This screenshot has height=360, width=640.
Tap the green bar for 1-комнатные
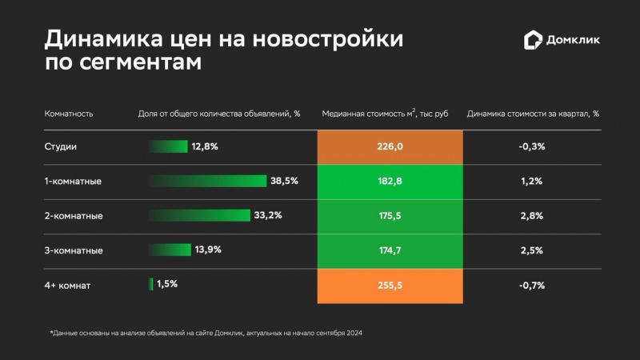pos(208,181)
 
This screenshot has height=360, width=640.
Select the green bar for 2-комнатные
pos(200,215)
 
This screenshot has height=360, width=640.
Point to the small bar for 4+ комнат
pos(151,284)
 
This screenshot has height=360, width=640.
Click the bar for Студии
pos(168,146)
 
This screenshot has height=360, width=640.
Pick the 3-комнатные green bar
pos(170,250)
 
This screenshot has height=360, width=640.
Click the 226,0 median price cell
pos(390,146)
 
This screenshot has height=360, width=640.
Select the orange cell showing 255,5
pos(390,285)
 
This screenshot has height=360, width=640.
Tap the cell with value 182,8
pos(390,182)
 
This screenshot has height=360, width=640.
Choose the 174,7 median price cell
pos(390,250)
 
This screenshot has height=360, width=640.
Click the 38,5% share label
pos(284,181)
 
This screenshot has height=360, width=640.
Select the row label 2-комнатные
pos(74,216)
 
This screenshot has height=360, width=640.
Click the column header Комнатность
pos(69,114)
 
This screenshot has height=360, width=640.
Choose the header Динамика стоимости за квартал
pos(533,114)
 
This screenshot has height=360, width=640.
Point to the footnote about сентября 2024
pos(206,332)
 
